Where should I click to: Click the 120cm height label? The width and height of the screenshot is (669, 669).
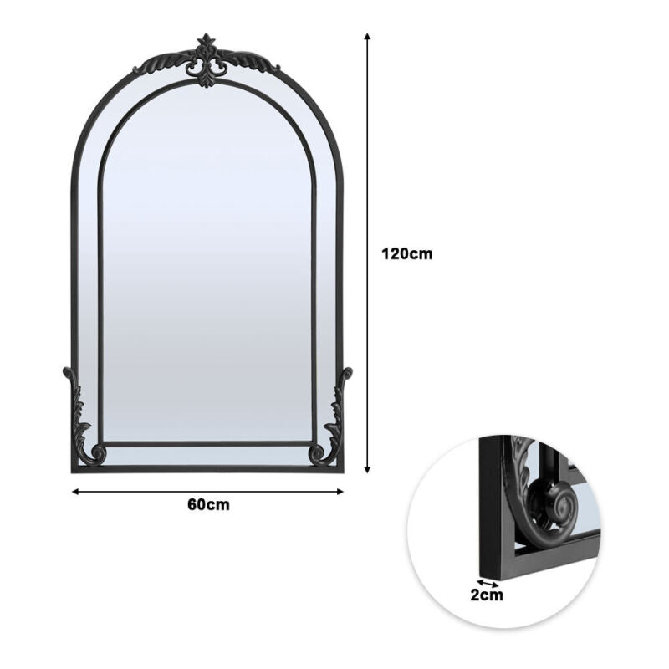pyautogui.click(x=406, y=254)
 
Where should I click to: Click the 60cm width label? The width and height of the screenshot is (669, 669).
pyautogui.click(x=208, y=505)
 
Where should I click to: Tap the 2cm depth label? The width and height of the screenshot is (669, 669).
pyautogui.click(x=487, y=595)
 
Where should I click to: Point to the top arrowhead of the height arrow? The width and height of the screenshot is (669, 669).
pyautogui.click(x=367, y=36)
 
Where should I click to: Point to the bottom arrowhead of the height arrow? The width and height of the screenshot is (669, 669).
pyautogui.click(x=367, y=470)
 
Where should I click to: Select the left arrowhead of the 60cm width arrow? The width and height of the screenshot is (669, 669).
pyautogui.click(x=75, y=492)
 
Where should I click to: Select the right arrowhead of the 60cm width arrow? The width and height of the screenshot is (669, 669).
pyautogui.click(x=340, y=492)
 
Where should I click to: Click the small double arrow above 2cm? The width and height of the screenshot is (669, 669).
pyautogui.click(x=488, y=583)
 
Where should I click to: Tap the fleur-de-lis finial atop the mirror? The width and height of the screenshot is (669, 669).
pyautogui.click(x=207, y=59)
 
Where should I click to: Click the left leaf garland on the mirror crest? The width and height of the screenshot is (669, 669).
pyautogui.click(x=161, y=64)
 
